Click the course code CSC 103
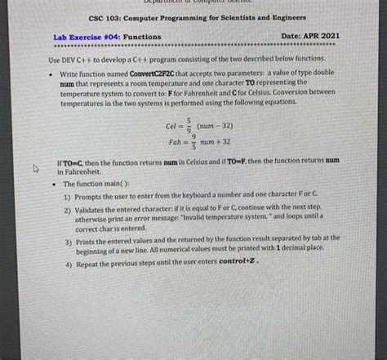point(102,17)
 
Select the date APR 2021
point(323,37)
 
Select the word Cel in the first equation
point(172,127)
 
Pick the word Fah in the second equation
point(172,142)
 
